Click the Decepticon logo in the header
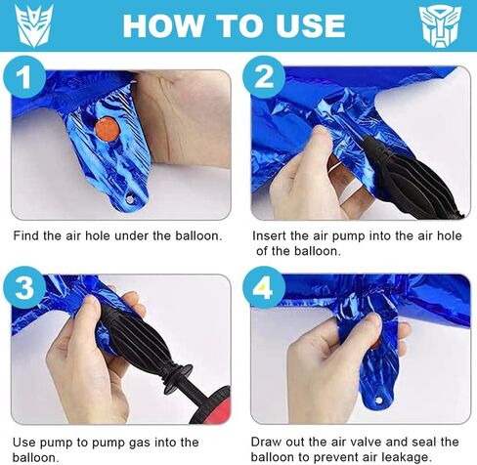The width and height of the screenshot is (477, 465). click(34, 25)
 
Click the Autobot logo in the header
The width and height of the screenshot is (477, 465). click(440, 26)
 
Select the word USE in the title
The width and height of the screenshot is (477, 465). click(310, 25)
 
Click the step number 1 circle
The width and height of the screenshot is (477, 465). click(24, 77)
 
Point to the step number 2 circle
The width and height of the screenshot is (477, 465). click(264, 77)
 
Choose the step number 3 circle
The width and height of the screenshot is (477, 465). click(24, 287)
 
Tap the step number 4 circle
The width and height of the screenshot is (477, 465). click(264, 287)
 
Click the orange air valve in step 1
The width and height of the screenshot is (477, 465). click(107, 130)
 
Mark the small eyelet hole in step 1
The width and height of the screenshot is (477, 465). click(130, 198)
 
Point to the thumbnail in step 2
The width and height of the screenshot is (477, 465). click(321, 132)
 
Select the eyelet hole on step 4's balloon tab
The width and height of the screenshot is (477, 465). click(378, 401)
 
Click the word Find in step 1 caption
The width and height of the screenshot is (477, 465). click(26, 235)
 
